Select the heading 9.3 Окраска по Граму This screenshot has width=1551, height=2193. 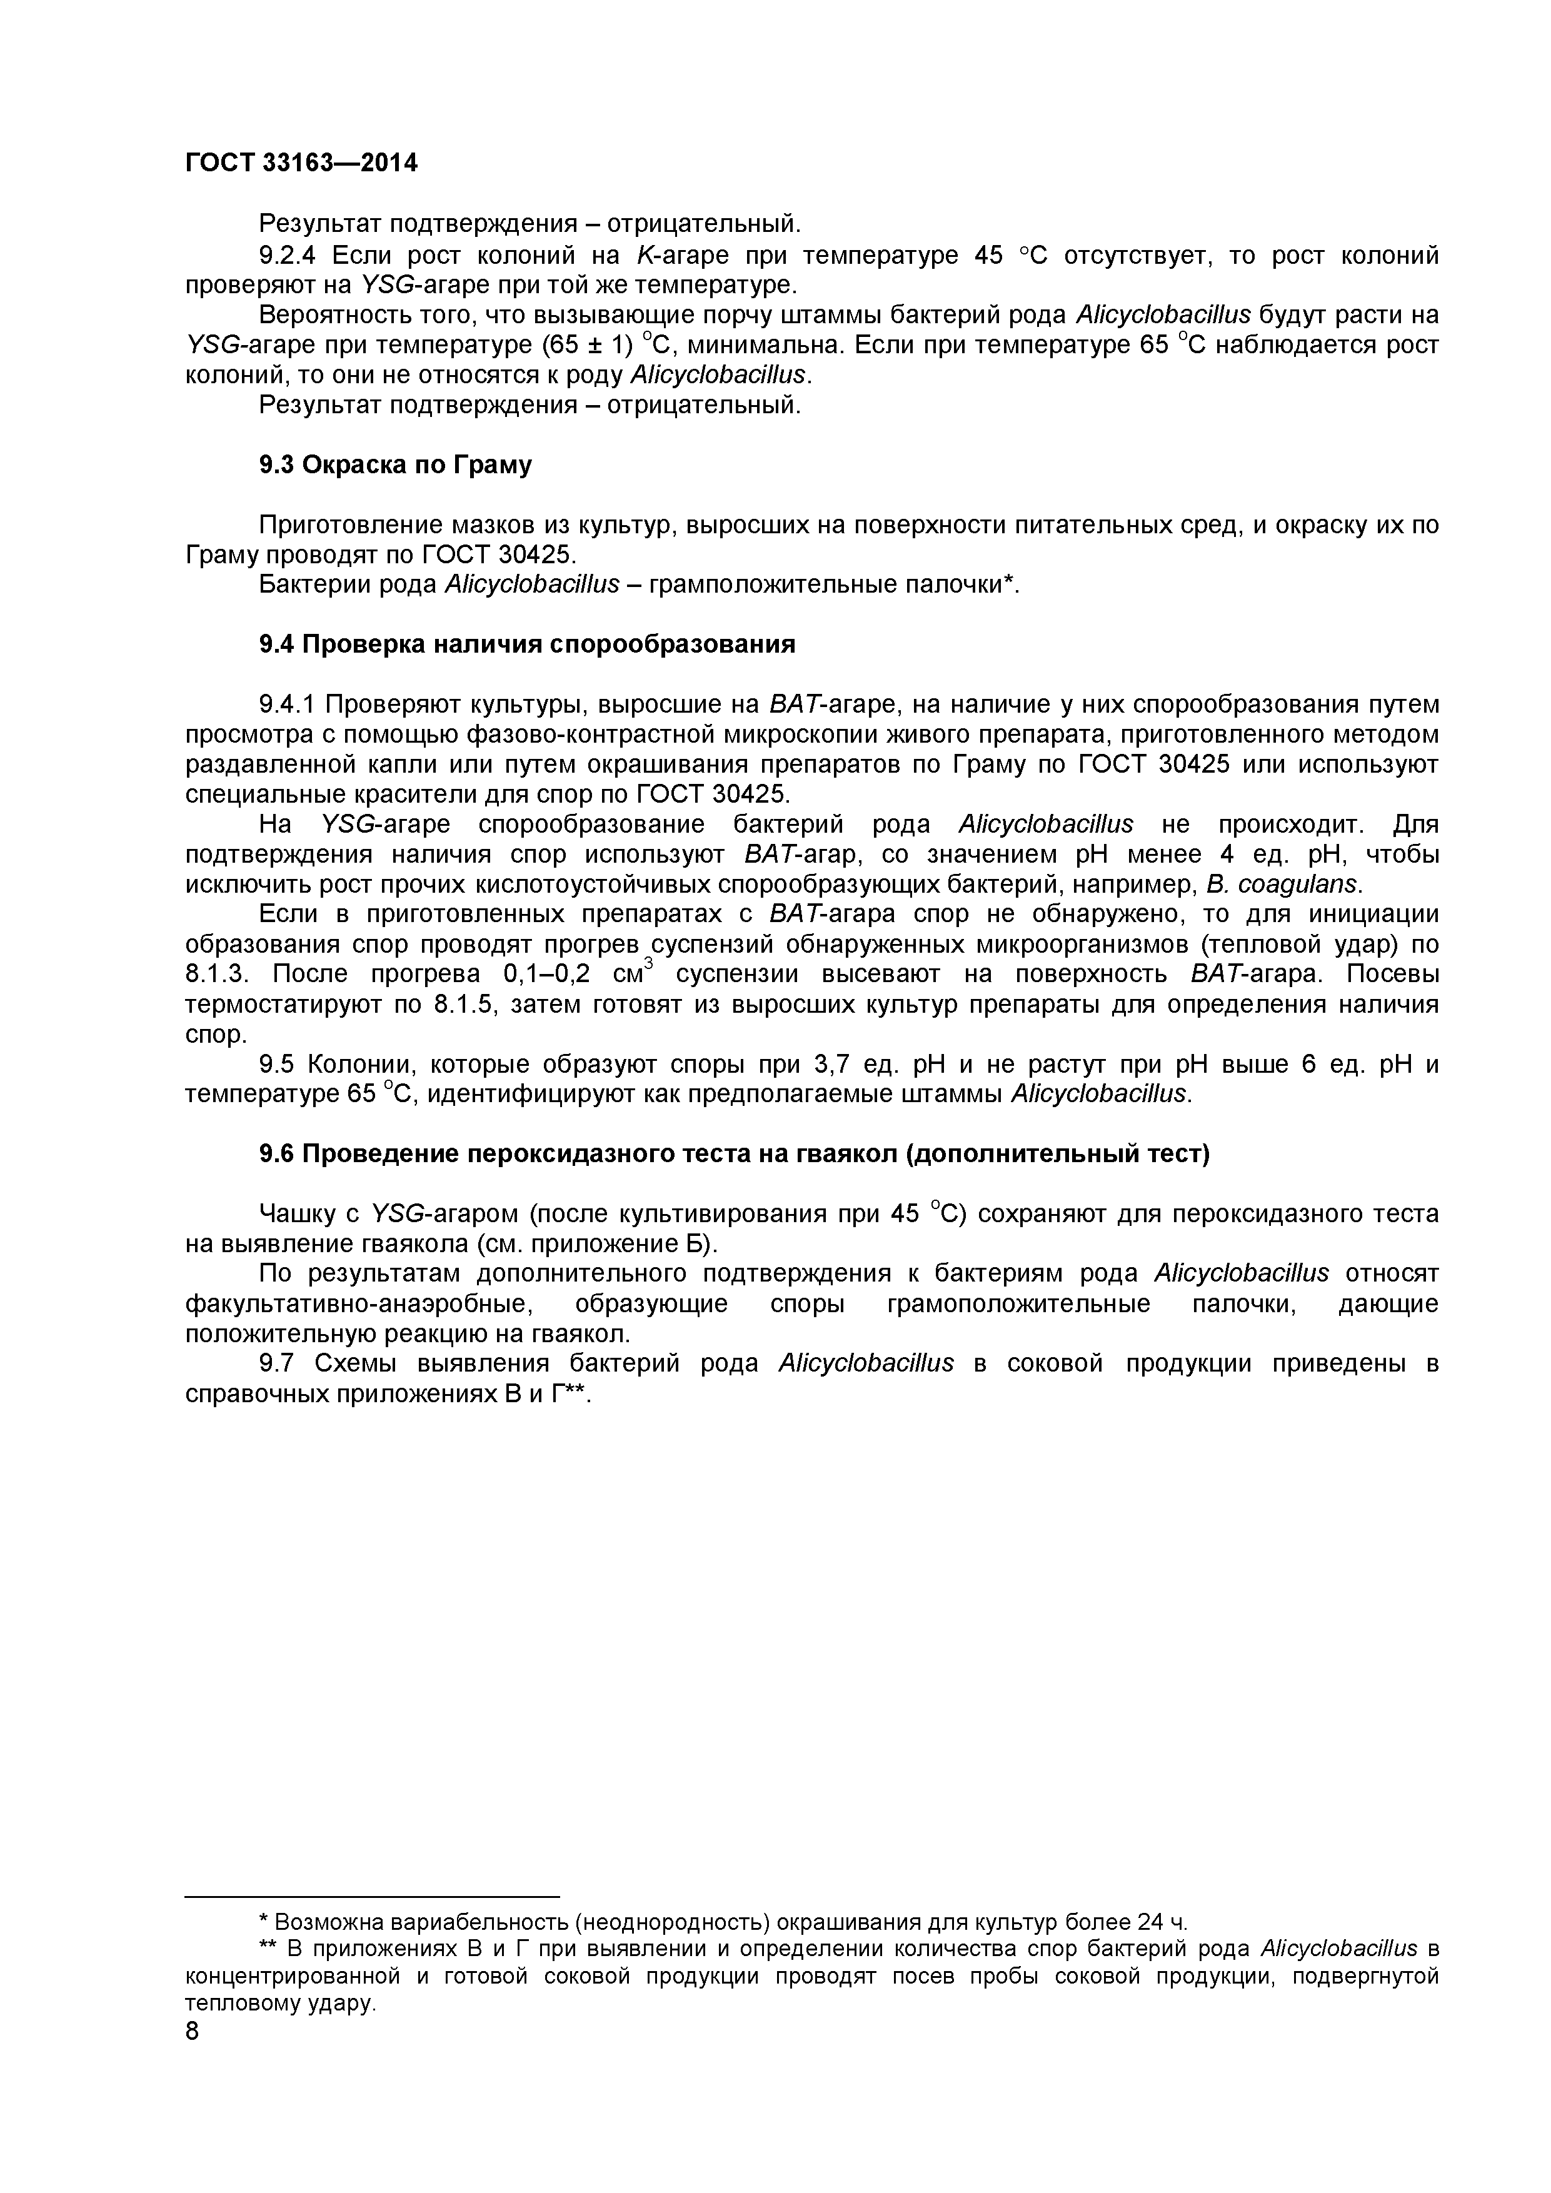pyautogui.click(x=395, y=465)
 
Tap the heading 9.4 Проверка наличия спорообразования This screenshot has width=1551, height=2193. pyautogui.click(x=527, y=645)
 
